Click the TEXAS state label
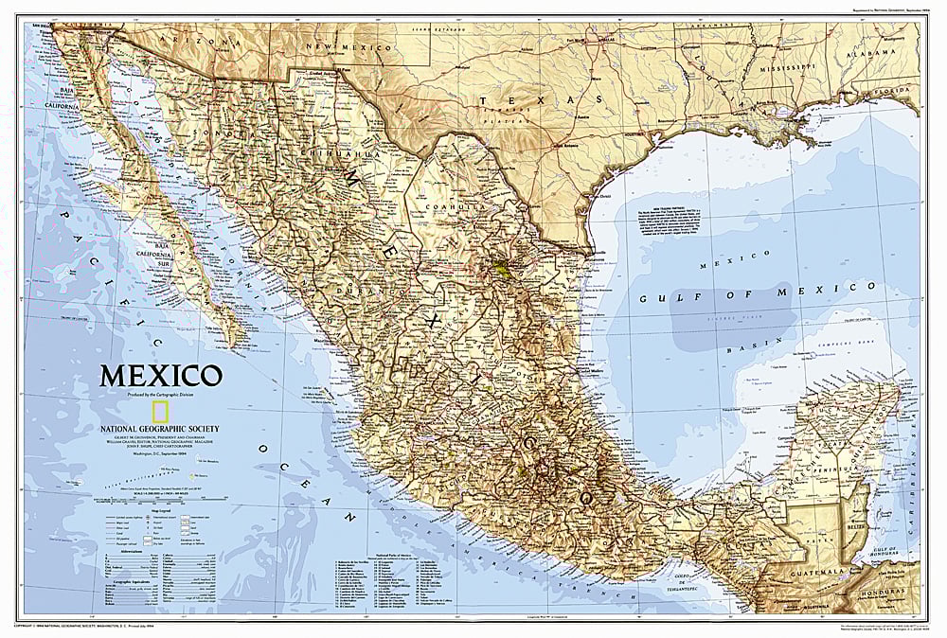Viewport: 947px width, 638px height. [540, 98]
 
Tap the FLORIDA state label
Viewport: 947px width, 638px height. [892, 93]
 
